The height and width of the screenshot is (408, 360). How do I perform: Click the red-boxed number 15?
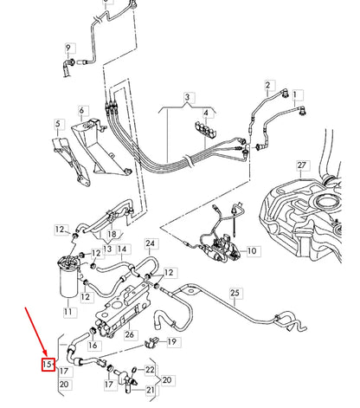pyautogui.click(x=49, y=365)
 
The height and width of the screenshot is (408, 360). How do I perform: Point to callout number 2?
pyautogui.click(x=268, y=85)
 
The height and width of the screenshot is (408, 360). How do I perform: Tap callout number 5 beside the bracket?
pyautogui.click(x=58, y=125)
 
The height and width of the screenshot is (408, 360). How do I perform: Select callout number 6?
pyautogui.click(x=83, y=112)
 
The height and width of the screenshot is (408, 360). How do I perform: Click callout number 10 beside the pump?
pyautogui.click(x=253, y=251)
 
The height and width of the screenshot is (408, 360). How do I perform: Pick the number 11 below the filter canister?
pyautogui.click(x=68, y=309)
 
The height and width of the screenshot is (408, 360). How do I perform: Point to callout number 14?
pyautogui.click(x=121, y=249)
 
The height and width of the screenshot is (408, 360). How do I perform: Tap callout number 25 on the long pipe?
pyautogui.click(x=234, y=295)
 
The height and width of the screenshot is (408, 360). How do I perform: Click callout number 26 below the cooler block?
pyautogui.click(x=130, y=335)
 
